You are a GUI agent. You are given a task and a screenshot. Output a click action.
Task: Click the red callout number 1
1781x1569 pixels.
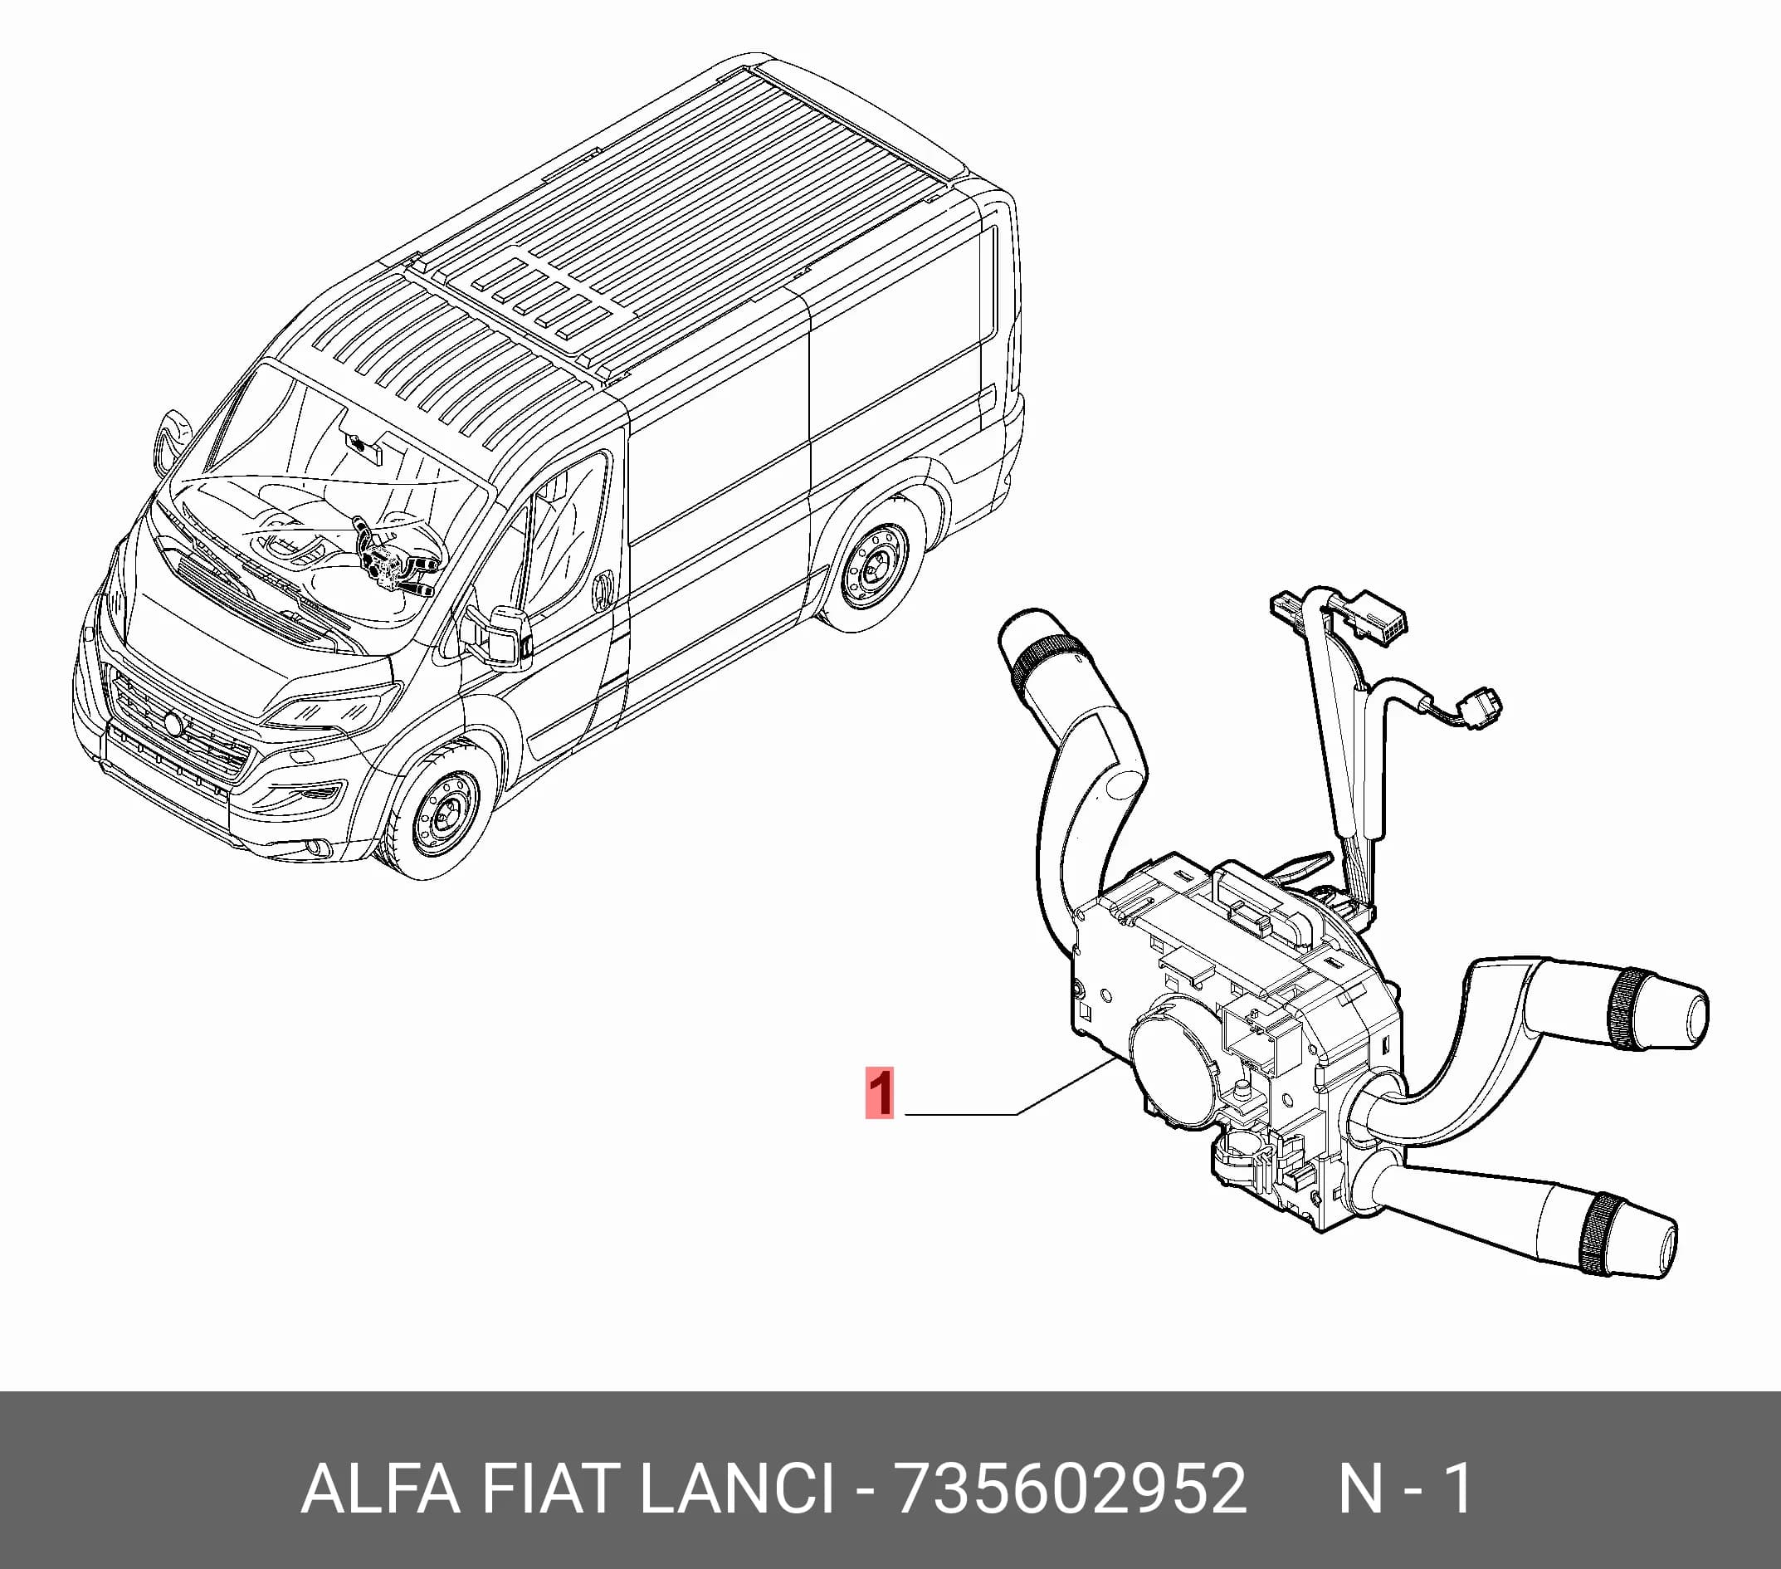pos(879,1092)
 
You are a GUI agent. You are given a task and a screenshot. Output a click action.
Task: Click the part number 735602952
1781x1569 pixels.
pos(1071,1488)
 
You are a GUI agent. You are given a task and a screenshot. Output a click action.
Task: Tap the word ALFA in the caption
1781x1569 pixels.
pos(380,1488)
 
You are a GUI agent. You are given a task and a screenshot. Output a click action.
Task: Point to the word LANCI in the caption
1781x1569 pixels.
pos(737,1488)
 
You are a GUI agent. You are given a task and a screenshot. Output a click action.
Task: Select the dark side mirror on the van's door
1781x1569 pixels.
pos(508,638)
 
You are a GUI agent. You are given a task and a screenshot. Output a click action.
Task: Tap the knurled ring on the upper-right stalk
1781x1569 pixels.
pos(1622,1009)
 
